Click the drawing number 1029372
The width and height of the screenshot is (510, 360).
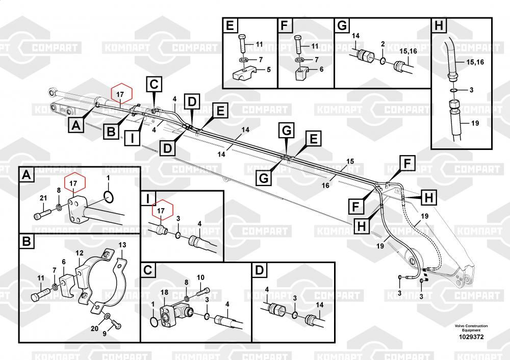pyautogui.click(x=471, y=337)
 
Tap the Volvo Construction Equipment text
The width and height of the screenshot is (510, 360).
pyautogui.click(x=471, y=328)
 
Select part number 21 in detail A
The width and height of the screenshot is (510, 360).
pyautogui.click(x=43, y=198)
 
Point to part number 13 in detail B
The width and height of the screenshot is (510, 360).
pyautogui.click(x=122, y=245)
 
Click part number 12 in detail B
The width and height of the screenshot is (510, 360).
pyautogui.click(x=80, y=253)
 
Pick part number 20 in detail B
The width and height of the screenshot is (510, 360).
pyautogui.click(x=94, y=328)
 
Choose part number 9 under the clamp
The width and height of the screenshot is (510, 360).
pyautogui.click(x=105, y=333)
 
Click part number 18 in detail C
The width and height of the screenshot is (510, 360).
pyautogui.click(x=164, y=292)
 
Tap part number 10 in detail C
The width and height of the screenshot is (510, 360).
pyautogui.click(x=200, y=277)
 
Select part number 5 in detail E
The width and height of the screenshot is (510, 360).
pyautogui.click(x=269, y=69)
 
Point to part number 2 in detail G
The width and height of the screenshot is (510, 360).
pyautogui.click(x=383, y=44)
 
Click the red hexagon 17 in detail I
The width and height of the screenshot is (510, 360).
pyautogui.click(x=161, y=211)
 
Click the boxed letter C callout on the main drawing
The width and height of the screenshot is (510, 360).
pyautogui.click(x=154, y=85)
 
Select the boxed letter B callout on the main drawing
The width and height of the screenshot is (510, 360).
pyautogui.click(x=111, y=132)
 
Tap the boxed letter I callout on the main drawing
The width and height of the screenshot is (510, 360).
pyautogui.click(x=132, y=138)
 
